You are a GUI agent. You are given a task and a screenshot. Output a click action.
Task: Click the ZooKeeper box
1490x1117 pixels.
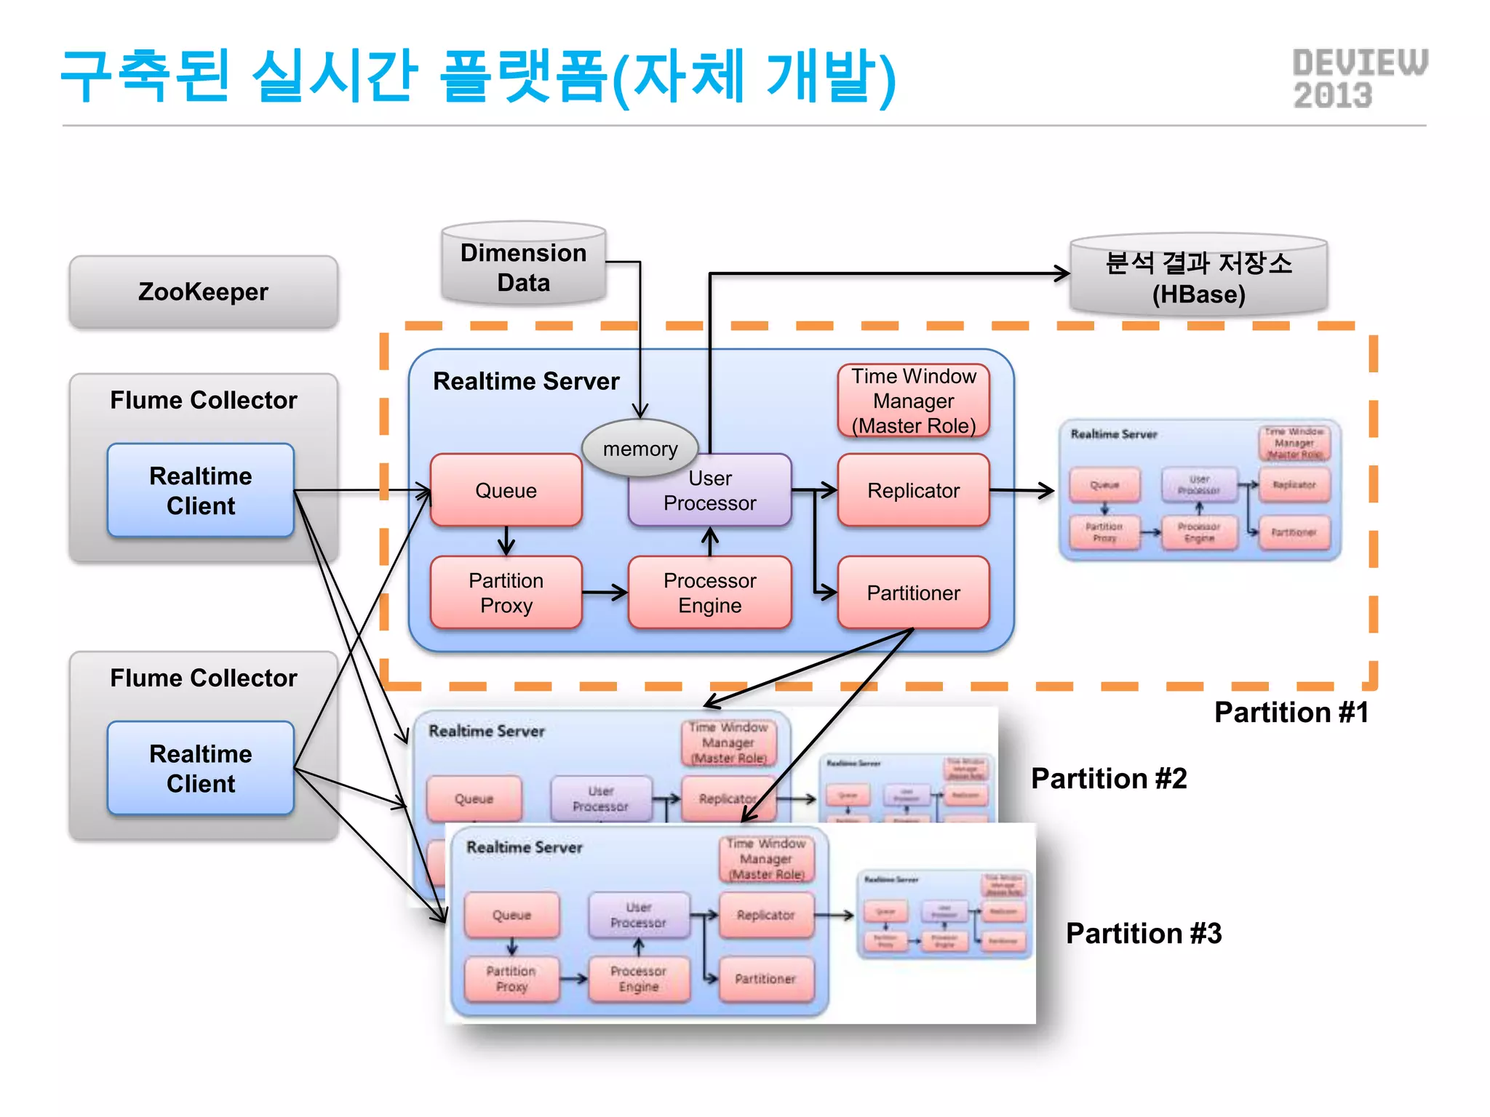point(203,292)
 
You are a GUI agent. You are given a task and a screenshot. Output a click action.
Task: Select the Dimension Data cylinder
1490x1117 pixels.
point(523,267)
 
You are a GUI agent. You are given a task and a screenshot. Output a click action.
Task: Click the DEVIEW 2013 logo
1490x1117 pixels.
point(1359,79)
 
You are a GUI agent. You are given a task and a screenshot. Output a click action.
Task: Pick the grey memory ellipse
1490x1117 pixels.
point(640,447)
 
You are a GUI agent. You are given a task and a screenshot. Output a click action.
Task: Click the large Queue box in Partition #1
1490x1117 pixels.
point(506,490)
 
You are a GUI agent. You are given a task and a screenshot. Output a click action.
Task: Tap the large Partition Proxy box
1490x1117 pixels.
point(506,593)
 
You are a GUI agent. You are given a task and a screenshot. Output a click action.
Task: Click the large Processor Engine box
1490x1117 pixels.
point(709,593)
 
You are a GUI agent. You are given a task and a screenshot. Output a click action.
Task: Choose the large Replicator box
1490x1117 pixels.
point(913,490)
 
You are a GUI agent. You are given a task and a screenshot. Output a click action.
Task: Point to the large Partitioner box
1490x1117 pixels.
point(913,593)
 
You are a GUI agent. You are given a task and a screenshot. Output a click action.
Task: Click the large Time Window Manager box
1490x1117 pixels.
point(913,401)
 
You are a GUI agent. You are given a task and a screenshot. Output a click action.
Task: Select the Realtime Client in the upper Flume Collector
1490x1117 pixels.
point(201,490)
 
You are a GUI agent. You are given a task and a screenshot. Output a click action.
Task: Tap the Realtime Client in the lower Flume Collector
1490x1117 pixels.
point(201,768)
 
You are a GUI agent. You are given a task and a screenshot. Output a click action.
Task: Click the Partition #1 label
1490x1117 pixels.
point(1291,712)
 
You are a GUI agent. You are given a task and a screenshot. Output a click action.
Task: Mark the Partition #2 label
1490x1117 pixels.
point(1108,778)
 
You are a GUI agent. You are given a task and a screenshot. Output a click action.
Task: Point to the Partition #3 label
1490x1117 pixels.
point(1143,933)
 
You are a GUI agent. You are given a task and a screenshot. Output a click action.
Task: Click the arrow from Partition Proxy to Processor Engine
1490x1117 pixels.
point(605,593)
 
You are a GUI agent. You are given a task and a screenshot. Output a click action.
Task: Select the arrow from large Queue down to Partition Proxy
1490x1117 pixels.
point(506,541)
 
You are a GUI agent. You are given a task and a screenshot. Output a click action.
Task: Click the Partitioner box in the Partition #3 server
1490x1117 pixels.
point(765,979)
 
